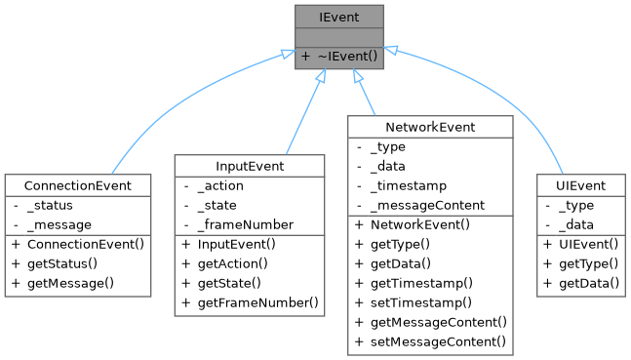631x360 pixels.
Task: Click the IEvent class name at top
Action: click(340, 17)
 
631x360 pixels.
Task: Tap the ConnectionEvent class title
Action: click(79, 185)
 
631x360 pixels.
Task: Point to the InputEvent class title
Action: click(250, 166)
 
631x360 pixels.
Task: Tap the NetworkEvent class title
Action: click(429, 127)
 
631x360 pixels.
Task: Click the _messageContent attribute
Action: click(427, 205)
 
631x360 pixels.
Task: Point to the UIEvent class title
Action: click(581, 185)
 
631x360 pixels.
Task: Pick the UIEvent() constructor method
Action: click(586, 244)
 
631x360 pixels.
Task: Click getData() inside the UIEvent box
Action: click(588, 283)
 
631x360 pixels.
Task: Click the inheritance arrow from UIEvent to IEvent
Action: click(488, 98)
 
